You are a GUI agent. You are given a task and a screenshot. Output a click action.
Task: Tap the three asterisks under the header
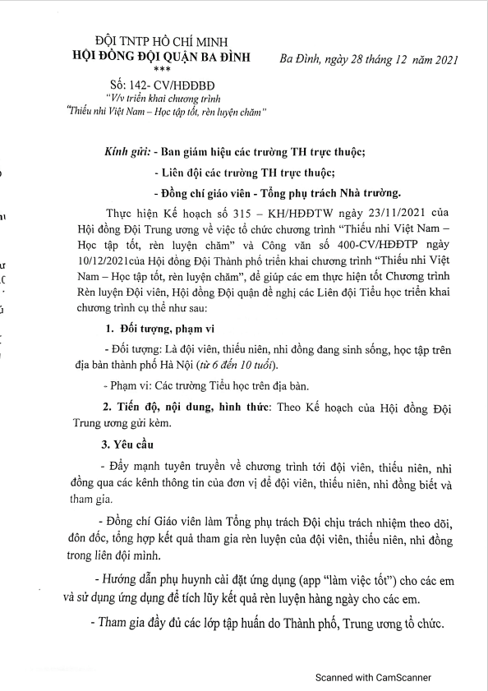pos(163,69)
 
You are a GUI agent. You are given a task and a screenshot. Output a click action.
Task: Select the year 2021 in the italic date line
pos(444,59)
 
